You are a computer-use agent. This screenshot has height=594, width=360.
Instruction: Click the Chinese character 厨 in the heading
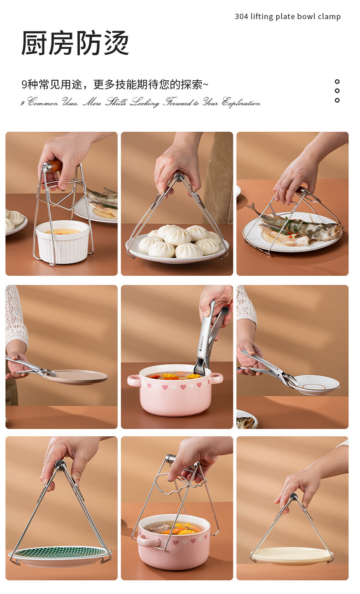[x=35, y=43]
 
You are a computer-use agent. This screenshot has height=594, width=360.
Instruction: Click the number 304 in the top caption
[x=241, y=17]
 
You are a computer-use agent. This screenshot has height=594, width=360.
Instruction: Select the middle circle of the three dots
[x=337, y=91]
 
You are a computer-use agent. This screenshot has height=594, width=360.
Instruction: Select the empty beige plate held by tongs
[x=77, y=377]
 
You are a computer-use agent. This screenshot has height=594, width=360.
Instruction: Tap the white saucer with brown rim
[x=315, y=385]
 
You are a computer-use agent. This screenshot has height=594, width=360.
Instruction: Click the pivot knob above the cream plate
[x=293, y=496]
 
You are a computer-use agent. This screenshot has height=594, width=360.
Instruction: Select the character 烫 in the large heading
[x=116, y=43]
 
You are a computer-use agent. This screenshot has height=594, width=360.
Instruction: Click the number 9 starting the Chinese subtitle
[x=24, y=85]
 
